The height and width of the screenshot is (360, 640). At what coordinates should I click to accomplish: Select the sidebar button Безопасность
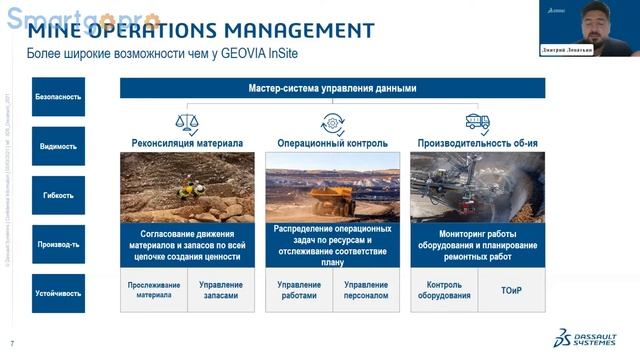click(58, 97)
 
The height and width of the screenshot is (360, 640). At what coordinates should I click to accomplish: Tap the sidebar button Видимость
click(58, 146)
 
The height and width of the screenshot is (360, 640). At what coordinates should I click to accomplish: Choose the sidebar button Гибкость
click(58, 195)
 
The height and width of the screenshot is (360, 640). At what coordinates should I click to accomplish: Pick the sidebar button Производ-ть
click(58, 244)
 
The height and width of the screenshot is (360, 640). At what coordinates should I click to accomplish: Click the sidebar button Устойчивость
click(58, 295)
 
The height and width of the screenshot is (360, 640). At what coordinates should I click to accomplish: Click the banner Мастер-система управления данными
click(332, 89)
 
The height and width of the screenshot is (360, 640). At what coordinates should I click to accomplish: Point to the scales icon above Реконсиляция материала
click(187, 123)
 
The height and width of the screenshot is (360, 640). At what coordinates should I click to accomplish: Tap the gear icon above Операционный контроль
click(332, 123)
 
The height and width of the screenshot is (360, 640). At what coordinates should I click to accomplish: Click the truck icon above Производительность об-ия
click(477, 123)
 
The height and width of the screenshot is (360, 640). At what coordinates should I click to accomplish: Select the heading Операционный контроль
click(332, 143)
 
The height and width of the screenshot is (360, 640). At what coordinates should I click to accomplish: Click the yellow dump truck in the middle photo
click(331, 196)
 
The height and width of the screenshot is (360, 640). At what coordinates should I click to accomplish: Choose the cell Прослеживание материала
click(154, 290)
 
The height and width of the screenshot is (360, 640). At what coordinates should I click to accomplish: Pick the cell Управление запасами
click(220, 290)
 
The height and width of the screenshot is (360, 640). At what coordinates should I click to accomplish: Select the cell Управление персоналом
click(366, 290)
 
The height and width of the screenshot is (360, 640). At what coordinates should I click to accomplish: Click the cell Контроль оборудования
click(443, 290)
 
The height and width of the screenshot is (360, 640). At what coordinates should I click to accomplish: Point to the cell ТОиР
click(511, 290)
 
